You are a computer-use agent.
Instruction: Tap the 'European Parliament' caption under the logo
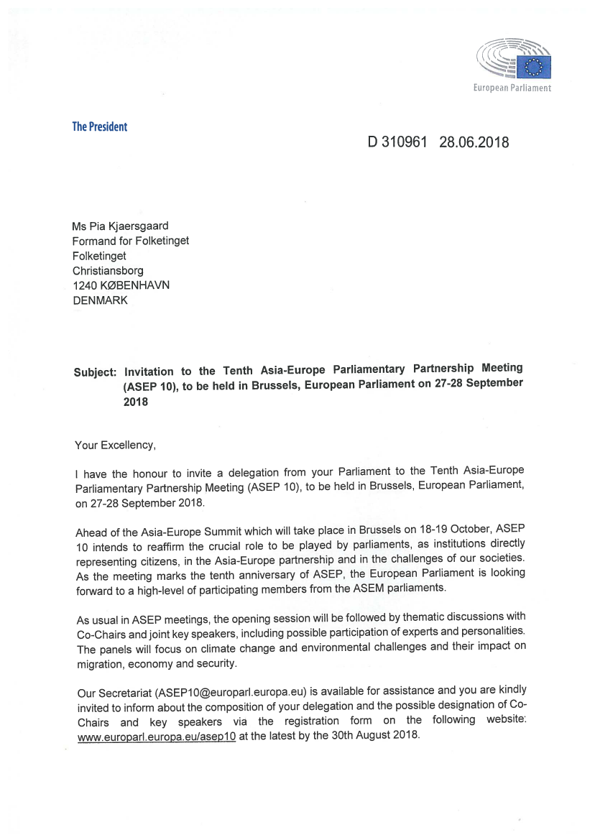(x=512, y=88)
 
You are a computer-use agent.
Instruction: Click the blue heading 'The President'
(x=99, y=127)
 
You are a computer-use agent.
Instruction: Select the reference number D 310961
(x=397, y=142)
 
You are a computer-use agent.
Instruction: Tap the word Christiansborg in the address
(x=108, y=271)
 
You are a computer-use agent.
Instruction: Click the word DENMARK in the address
(x=100, y=301)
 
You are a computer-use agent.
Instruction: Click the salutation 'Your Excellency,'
(x=115, y=445)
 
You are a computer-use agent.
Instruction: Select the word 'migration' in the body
(x=98, y=663)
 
